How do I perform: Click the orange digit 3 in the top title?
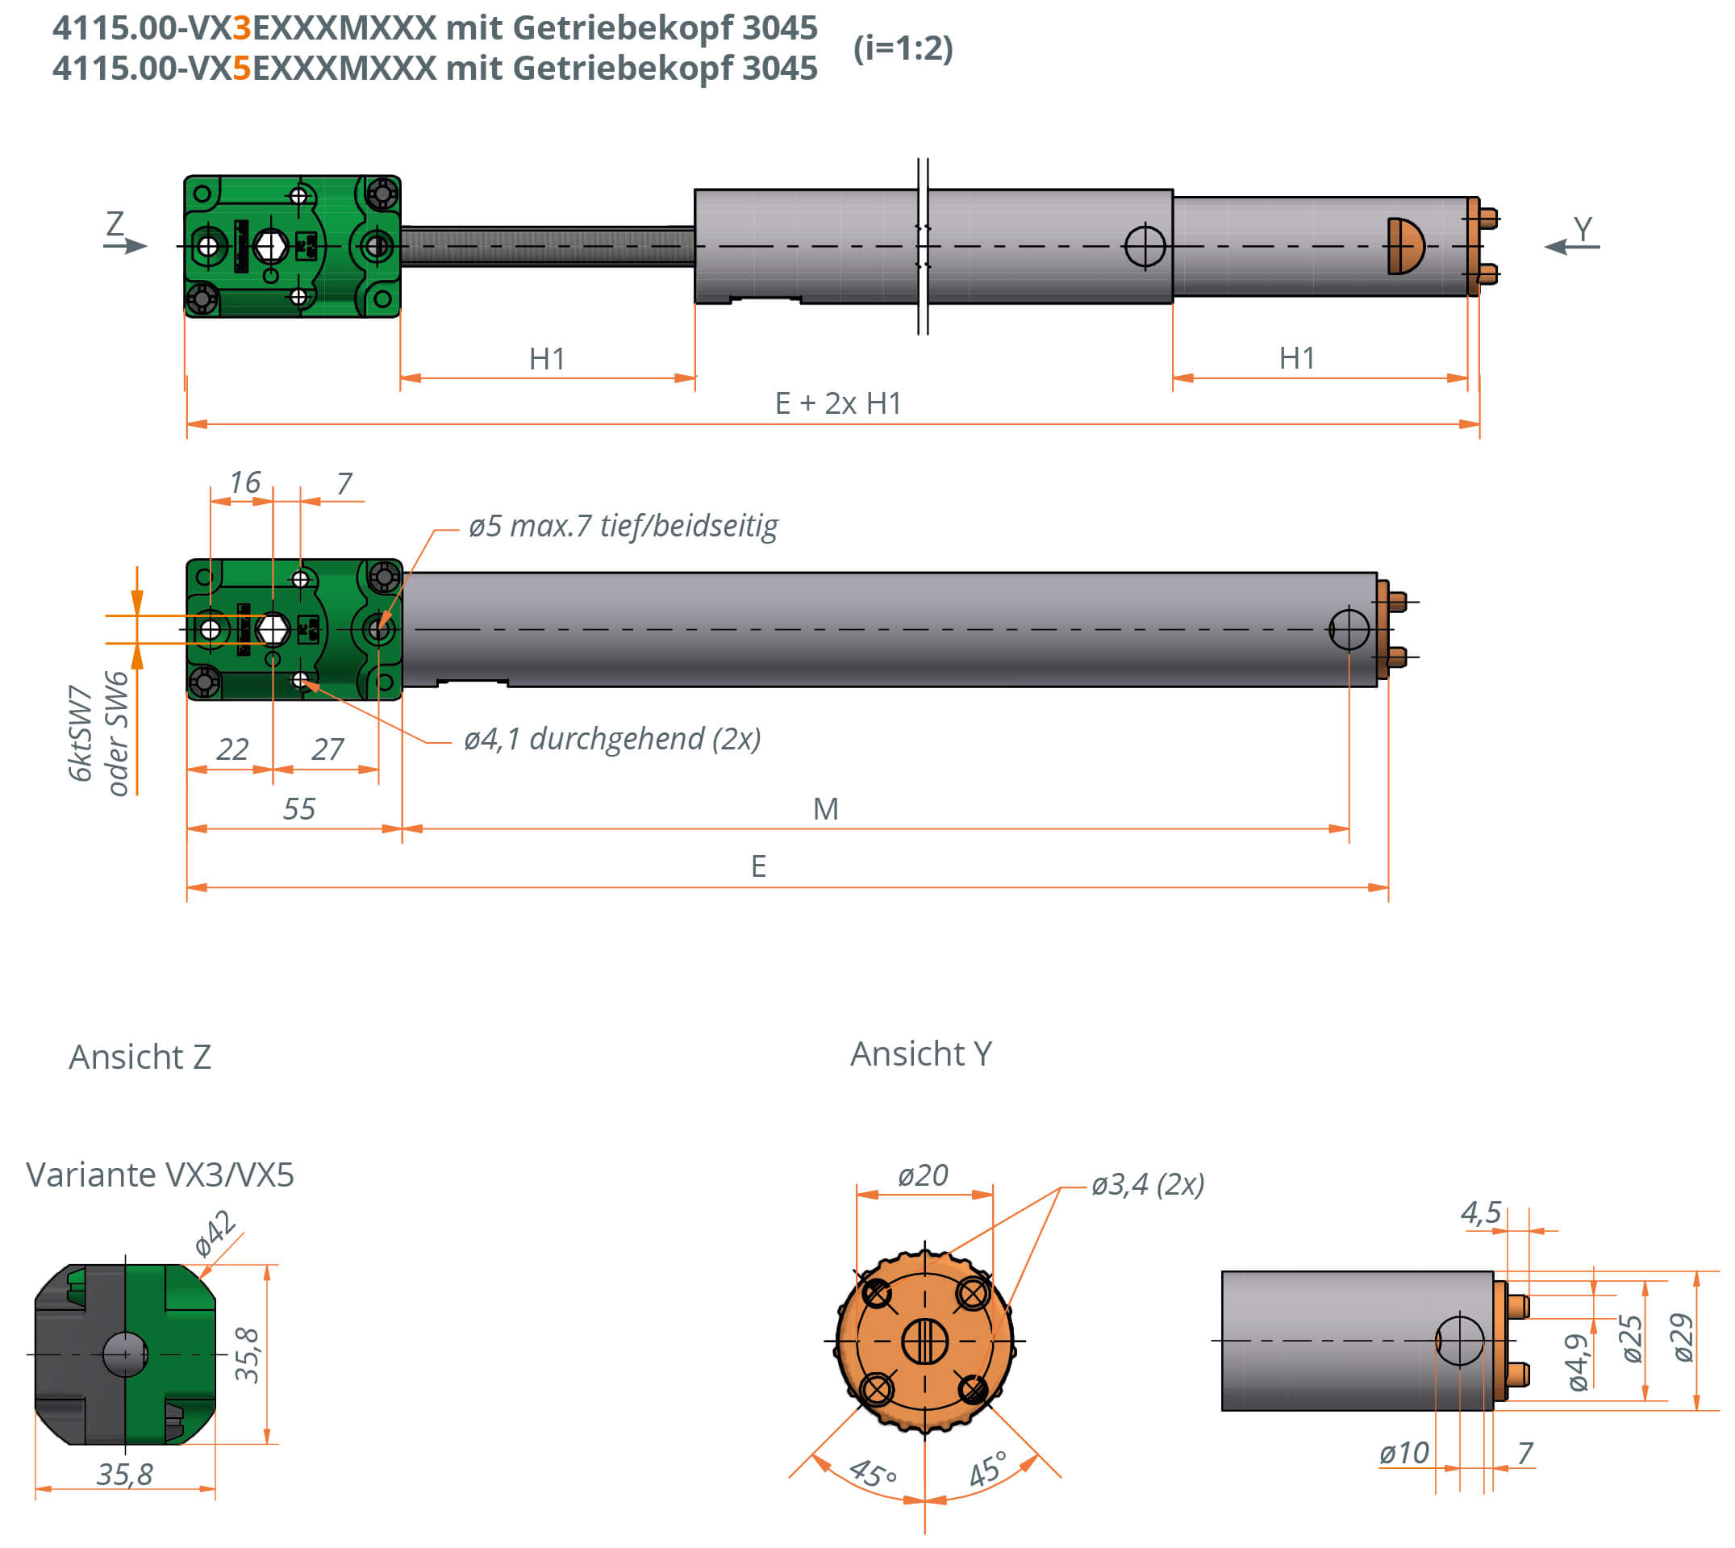241,28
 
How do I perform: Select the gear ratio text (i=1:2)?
903,48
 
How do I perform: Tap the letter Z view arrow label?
115,224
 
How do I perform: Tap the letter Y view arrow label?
1582,228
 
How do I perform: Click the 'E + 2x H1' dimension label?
838,403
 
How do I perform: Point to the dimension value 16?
245,482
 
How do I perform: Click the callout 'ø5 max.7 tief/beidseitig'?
623,526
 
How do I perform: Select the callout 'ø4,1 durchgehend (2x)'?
611,738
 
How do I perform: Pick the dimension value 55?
298,808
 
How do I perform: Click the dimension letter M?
826,808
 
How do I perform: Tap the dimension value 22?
231,749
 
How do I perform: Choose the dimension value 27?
327,749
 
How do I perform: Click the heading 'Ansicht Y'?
921,1054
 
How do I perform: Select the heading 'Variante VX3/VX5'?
160,1175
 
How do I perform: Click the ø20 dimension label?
923,1175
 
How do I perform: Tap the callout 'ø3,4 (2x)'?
1147,1184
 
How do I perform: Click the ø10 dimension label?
1403,1453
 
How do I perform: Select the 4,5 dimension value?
1481,1213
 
